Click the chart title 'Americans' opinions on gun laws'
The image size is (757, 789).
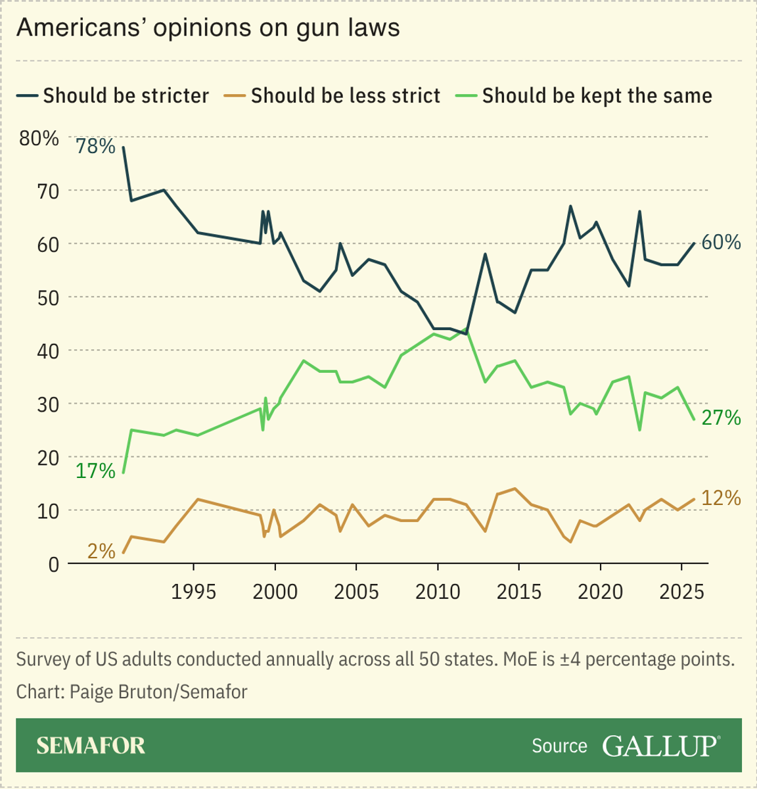[x=208, y=28]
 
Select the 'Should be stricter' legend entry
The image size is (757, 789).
[x=113, y=95]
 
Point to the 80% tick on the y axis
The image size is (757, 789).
[x=39, y=138]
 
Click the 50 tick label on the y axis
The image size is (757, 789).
[x=47, y=297]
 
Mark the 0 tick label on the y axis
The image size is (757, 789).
[x=53, y=564]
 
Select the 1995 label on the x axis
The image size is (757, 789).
[x=193, y=591]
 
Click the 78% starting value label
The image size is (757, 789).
[x=95, y=146]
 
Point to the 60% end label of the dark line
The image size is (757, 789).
[x=721, y=242]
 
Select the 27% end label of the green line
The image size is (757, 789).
[x=721, y=418]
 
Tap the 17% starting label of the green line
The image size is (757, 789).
[x=95, y=471]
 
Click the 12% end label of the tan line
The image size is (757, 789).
[x=721, y=498]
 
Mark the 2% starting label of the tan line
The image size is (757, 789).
[x=101, y=551]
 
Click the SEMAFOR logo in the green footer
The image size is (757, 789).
[x=91, y=746]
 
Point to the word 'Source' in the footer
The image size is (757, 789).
[x=559, y=746]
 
